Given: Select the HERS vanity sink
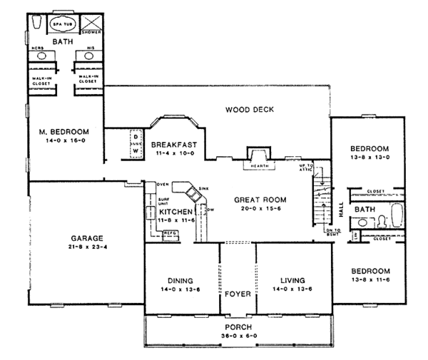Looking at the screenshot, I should pyautogui.click(x=41, y=55).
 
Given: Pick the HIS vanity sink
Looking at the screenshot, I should pyautogui.click(x=90, y=55).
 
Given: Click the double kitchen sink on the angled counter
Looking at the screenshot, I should pyautogui.click(x=192, y=192).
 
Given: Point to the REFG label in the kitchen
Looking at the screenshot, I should pyautogui.click(x=170, y=233).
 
